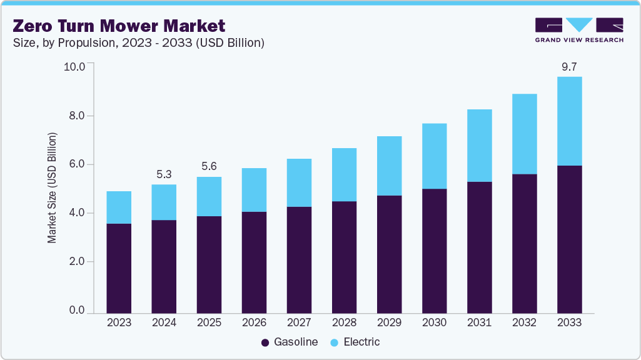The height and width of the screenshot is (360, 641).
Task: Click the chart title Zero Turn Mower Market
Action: click(x=119, y=26)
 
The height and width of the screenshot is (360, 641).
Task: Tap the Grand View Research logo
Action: click(x=578, y=29)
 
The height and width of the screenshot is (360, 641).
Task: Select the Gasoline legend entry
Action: click(x=289, y=342)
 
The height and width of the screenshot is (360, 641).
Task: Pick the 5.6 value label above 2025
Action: click(x=209, y=167)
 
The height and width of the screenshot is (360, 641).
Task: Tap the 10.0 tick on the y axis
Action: click(x=78, y=67)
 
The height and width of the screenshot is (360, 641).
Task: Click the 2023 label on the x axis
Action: click(x=119, y=323)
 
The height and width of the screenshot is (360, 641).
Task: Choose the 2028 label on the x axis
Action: click(x=344, y=323)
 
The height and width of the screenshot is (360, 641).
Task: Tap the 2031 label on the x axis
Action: click(x=479, y=323)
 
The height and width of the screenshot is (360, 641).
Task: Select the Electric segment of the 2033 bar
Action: click(x=569, y=121)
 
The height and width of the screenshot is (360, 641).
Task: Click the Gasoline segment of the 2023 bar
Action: click(x=119, y=268)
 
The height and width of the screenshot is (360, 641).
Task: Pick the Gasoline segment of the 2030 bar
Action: click(x=434, y=250)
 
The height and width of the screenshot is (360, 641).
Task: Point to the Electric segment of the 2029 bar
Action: click(x=389, y=166)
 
